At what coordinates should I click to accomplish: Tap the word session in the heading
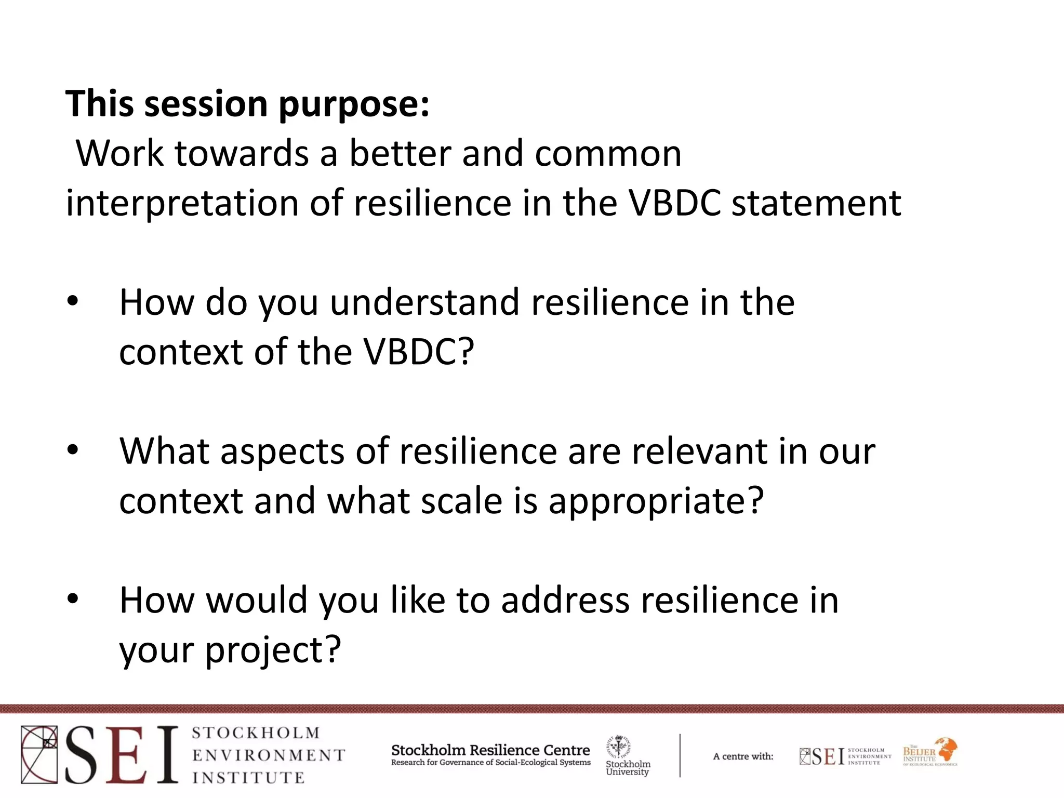coord(205,104)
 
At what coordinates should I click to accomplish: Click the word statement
coord(816,203)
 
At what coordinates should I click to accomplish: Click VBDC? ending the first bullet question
coord(419,352)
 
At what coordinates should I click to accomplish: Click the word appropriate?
coord(656,501)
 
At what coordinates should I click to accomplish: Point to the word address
coord(566,601)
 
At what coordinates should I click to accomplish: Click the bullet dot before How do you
coord(73,301)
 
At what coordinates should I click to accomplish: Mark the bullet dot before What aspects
coord(73,450)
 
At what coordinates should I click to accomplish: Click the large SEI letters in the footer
coord(122,755)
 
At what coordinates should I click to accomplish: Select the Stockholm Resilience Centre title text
coord(490,750)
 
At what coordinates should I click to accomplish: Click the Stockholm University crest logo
coord(619,747)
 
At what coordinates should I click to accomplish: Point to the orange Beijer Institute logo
coord(930,752)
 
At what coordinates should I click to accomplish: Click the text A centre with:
coord(743,756)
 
